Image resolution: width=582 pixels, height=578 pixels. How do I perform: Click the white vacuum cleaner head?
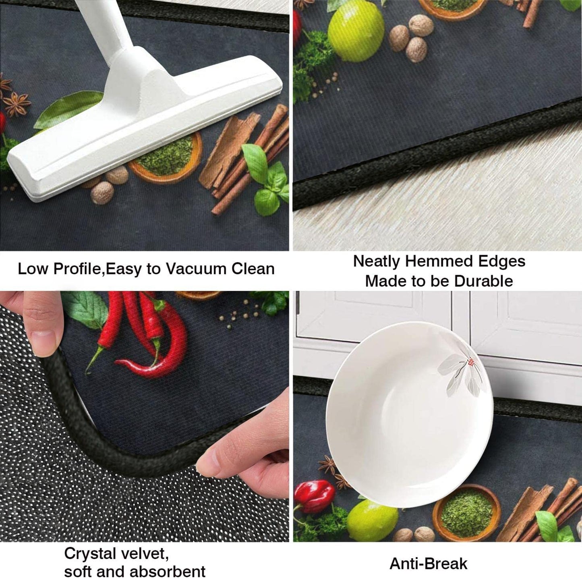[x=145, y=127]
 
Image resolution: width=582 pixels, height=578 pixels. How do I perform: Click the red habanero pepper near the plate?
[x=315, y=496]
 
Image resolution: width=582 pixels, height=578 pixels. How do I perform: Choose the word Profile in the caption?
[x=79, y=269]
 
